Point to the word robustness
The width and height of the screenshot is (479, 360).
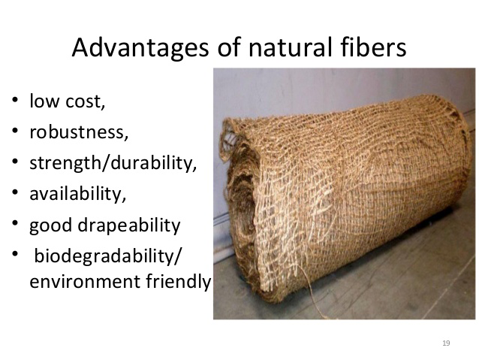pos(79,132)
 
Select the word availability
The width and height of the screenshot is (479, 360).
pos(78,194)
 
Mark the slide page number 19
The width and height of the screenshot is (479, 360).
pos(446,343)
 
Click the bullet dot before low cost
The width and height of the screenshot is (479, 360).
pos(14,101)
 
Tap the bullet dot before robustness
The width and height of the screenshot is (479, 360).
pos(14,132)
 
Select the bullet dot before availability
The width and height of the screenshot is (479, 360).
pos(14,194)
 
